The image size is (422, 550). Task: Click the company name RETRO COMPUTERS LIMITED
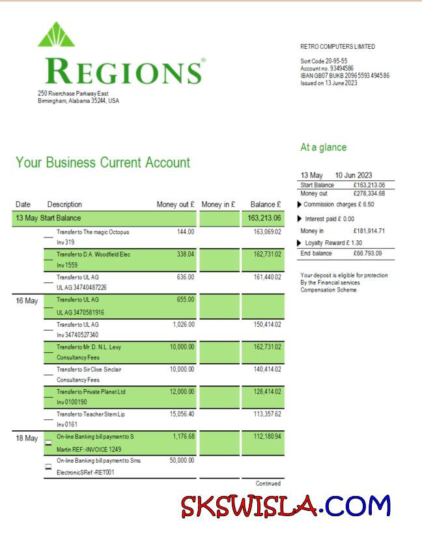point(338,47)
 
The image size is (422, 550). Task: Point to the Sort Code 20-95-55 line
point(319,61)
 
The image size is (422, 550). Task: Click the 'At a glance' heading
point(324,148)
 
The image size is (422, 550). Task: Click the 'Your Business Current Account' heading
point(103,163)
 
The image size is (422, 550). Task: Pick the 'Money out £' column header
point(176,205)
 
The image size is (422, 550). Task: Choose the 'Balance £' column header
point(266,205)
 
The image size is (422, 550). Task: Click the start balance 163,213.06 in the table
point(264,218)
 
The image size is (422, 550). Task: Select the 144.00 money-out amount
point(186,232)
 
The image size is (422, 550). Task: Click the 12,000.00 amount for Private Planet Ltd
point(181,392)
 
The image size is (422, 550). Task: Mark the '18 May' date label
point(27,439)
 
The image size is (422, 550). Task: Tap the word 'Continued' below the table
point(269,484)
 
